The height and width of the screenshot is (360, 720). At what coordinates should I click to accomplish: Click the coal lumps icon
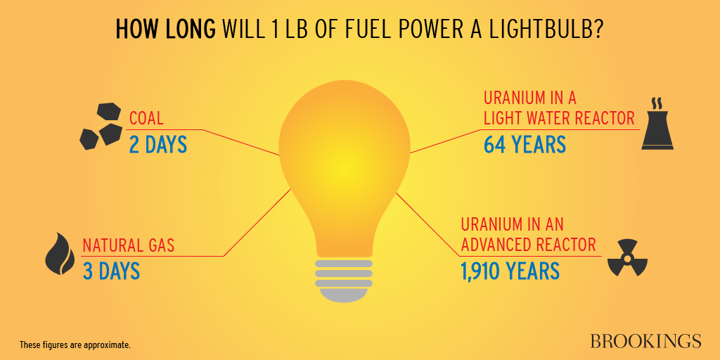tap(100, 127)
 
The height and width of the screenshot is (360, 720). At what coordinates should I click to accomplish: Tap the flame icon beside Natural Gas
tap(60, 254)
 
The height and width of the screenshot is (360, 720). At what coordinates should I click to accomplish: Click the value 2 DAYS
tap(158, 144)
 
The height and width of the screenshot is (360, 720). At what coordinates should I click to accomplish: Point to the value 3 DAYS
tap(111, 271)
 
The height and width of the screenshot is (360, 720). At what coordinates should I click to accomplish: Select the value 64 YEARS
tap(525, 144)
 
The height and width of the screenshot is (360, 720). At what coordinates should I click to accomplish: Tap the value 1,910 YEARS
tap(510, 271)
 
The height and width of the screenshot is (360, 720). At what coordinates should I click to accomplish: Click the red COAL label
tap(146, 117)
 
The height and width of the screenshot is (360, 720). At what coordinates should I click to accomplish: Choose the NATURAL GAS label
tap(129, 245)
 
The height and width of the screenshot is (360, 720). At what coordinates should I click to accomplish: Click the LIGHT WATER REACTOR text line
tap(559, 117)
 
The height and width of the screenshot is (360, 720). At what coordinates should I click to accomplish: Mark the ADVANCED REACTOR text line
tap(529, 245)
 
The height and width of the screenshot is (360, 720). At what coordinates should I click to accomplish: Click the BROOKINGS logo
tap(645, 341)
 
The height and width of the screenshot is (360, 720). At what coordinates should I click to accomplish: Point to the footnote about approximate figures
tap(75, 345)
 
